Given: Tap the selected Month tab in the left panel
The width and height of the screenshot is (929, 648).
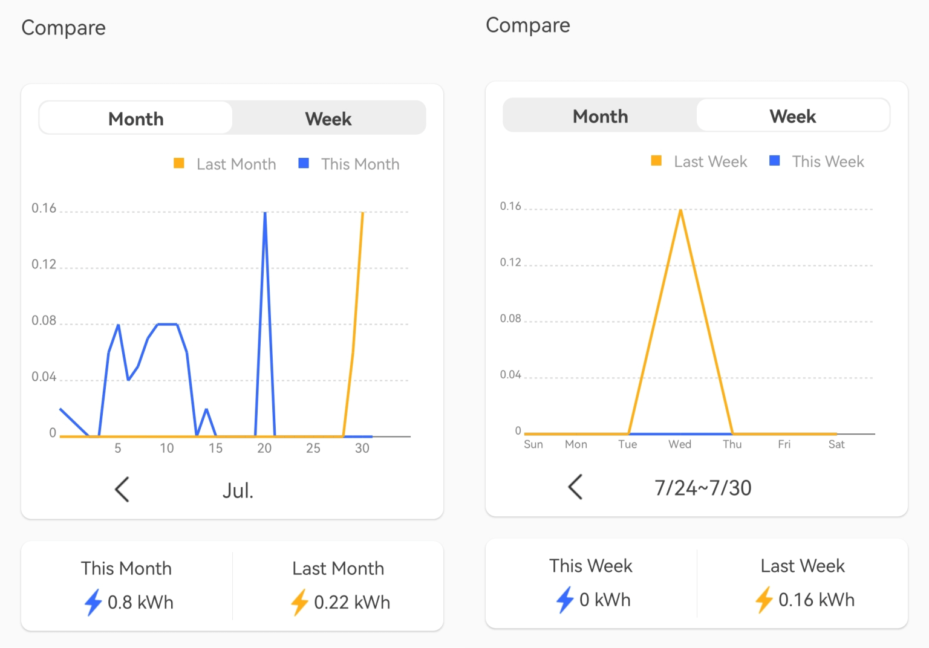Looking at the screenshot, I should [135, 118].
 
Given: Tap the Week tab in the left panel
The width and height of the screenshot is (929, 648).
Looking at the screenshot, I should [328, 118].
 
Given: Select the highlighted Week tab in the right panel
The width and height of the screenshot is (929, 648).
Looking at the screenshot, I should [792, 116].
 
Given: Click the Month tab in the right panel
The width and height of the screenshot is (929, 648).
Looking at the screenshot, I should [600, 116].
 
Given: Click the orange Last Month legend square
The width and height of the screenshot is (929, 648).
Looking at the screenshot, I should [179, 163].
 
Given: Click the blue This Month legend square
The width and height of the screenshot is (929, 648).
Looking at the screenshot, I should [304, 163].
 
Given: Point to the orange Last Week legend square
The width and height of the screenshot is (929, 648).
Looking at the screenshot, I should [656, 161].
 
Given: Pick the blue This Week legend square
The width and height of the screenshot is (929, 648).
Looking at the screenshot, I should [774, 161].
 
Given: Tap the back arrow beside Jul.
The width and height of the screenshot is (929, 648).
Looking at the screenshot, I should [122, 489].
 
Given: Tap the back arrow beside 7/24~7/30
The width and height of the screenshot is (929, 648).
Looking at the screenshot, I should [575, 487].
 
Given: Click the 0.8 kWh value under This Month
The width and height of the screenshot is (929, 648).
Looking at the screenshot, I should [140, 602].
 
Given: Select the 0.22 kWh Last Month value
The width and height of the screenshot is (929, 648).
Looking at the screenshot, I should [352, 602].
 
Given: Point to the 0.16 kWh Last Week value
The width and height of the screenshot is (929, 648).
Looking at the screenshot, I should [817, 600].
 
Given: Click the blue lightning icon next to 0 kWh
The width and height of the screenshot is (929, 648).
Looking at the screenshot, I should [565, 600].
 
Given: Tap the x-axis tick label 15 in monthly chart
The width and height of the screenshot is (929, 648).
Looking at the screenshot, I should [215, 448].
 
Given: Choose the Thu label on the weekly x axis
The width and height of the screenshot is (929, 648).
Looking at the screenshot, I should [732, 444].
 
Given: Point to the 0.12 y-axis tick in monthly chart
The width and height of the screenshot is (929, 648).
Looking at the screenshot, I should [44, 264].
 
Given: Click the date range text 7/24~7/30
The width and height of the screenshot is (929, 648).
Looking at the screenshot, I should [703, 488].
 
